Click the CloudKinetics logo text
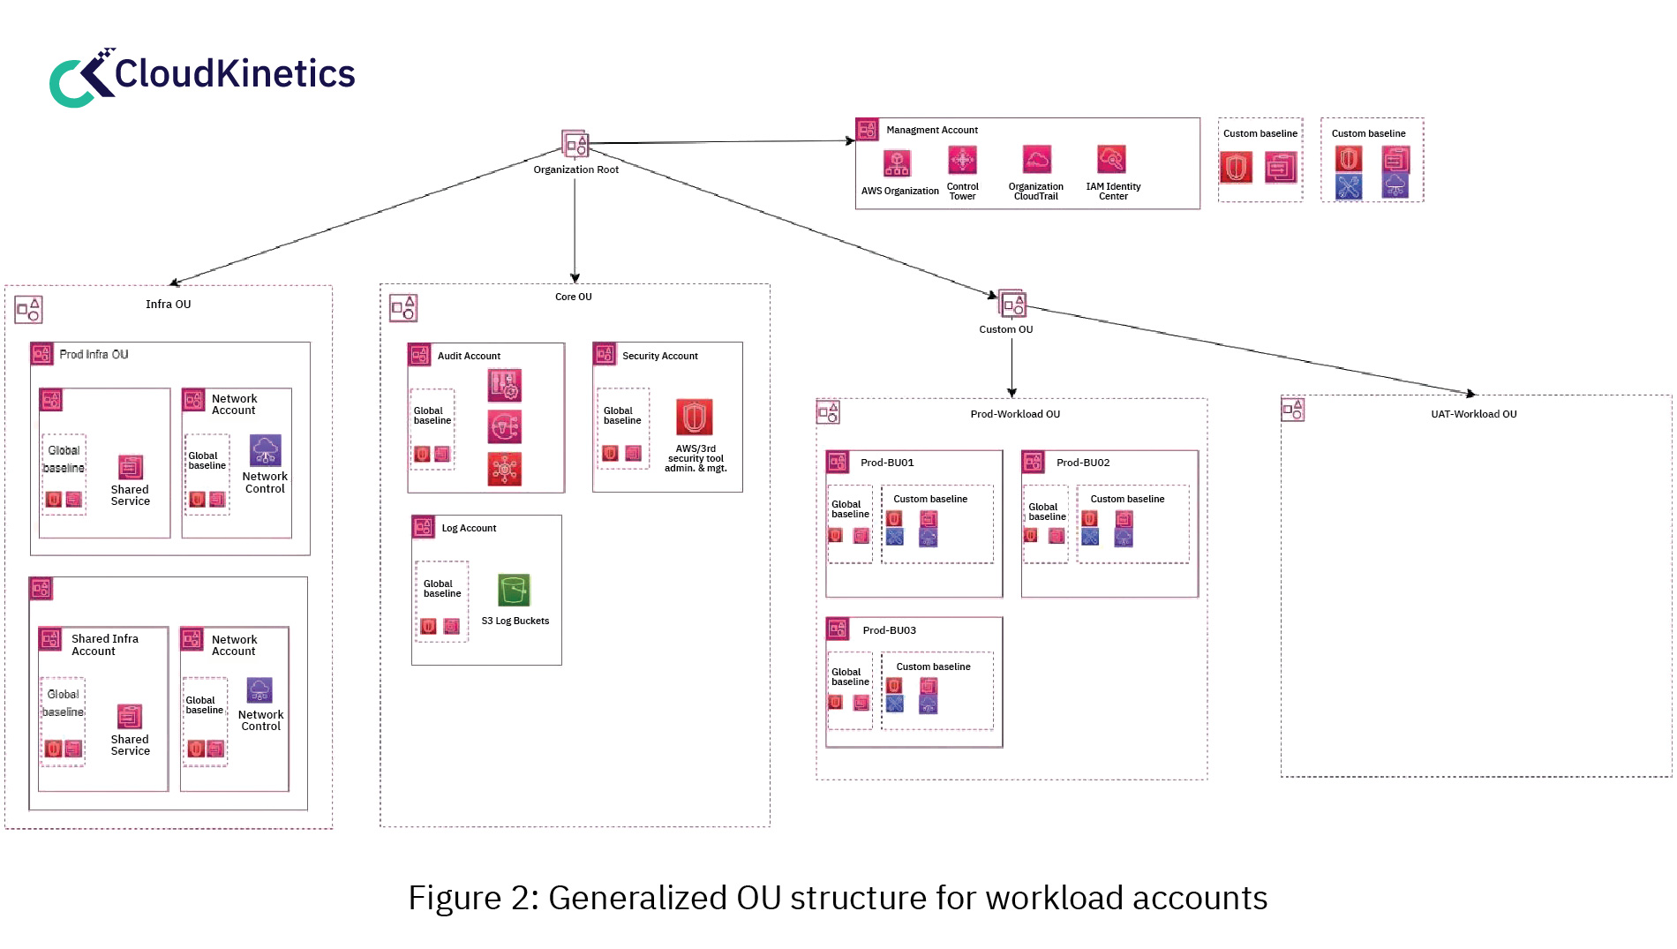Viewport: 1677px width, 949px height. pyautogui.click(x=234, y=74)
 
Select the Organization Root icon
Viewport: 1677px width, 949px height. pyautogui.click(x=575, y=144)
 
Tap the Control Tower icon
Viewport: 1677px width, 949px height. pyautogui.click(x=962, y=161)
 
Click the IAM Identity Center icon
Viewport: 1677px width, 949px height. pyautogui.click(x=1111, y=160)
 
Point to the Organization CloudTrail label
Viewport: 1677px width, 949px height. pyautogui.click(x=1035, y=192)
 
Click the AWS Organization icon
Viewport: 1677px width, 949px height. pyautogui.click(x=897, y=163)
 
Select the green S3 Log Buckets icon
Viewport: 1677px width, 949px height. pyautogui.click(x=514, y=591)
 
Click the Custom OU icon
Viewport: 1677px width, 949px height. pyautogui.click(x=1011, y=305)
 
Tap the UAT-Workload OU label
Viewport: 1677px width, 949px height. pyautogui.click(x=1473, y=414)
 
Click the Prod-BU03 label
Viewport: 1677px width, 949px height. pyautogui.click(x=889, y=630)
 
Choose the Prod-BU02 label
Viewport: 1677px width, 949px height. pyautogui.click(x=1083, y=463)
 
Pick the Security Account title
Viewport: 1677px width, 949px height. pyautogui.click(x=659, y=356)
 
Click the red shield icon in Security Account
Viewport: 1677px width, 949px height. pyautogui.click(x=694, y=418)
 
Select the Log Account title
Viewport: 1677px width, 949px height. pyautogui.click(x=469, y=528)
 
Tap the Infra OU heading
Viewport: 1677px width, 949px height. pyautogui.click(x=168, y=304)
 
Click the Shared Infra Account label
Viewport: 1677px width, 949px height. pyautogui.click(x=104, y=644)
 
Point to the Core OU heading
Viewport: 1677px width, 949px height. pyautogui.click(x=573, y=297)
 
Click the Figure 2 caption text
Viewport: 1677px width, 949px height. pyautogui.click(x=837, y=898)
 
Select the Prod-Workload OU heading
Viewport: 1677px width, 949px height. pyautogui.click(x=1015, y=414)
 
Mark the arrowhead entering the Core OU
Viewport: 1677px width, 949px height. pyautogui.click(x=575, y=279)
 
